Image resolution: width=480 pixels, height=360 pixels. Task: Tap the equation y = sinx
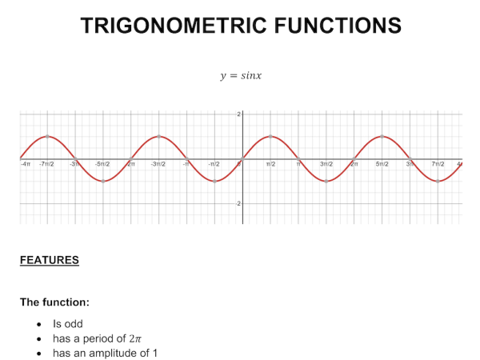pos(241,76)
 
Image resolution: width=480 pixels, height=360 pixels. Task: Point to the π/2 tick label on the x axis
pos(270,164)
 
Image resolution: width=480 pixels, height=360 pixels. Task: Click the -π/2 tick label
pos(214,164)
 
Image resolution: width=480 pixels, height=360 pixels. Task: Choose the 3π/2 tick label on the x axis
pos(326,164)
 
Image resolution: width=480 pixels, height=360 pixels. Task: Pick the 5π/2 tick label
pos(382,164)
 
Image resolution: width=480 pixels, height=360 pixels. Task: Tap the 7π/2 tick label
pos(438,164)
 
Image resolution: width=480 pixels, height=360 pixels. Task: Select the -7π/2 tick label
pos(47,164)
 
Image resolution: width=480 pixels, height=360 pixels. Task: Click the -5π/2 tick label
pos(102,164)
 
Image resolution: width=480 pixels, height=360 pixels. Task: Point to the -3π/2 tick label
pos(158,164)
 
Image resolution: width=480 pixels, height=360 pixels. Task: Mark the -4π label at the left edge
pos(25,164)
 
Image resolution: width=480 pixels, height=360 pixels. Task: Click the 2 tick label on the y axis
pos(238,115)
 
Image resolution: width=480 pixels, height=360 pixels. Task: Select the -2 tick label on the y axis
pos(238,203)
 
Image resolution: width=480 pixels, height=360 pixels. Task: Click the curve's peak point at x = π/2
pos(270,136)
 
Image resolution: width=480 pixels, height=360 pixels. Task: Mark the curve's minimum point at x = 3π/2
pos(326,182)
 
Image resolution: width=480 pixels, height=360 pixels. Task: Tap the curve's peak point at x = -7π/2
pos(47,136)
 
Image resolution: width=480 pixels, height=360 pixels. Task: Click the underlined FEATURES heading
pos(49,260)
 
